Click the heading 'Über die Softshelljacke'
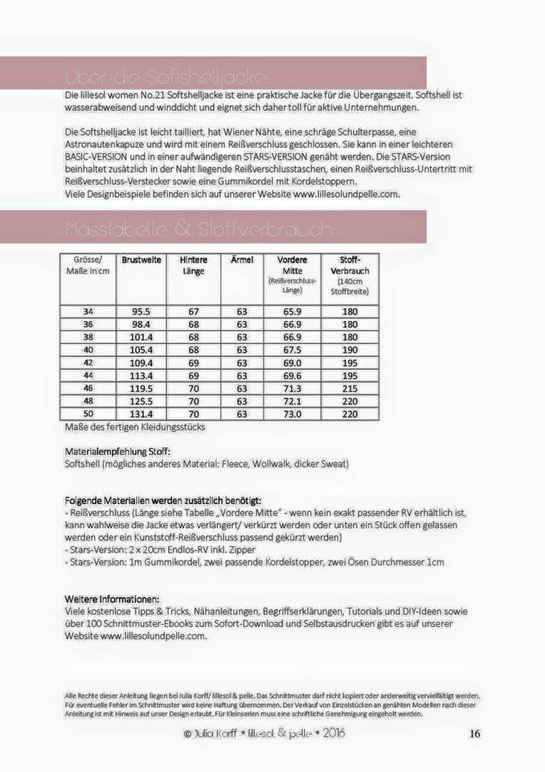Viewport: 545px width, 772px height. pos(166,77)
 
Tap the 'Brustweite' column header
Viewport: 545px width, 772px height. pos(141,260)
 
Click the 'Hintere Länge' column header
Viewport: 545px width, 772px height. pos(193,265)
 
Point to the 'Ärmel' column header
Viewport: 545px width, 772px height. pos(242,260)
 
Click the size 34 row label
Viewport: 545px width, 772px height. pos(88,311)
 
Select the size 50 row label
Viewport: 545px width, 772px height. pos(88,414)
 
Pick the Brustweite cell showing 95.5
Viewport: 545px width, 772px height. pos(141,311)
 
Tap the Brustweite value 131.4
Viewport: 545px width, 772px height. pos(141,414)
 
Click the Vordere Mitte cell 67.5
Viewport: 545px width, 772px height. pos(292,350)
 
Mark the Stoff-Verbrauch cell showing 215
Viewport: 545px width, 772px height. pos(350,388)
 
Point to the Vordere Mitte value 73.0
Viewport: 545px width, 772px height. pos(292,414)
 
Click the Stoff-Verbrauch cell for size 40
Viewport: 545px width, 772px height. pos(350,350)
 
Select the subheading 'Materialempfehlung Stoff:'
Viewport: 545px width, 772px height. pos(117,452)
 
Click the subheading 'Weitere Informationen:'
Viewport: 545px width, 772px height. pos(112,599)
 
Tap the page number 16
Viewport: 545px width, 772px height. pos(474,733)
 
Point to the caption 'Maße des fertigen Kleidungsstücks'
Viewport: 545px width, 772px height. pos(134,427)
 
